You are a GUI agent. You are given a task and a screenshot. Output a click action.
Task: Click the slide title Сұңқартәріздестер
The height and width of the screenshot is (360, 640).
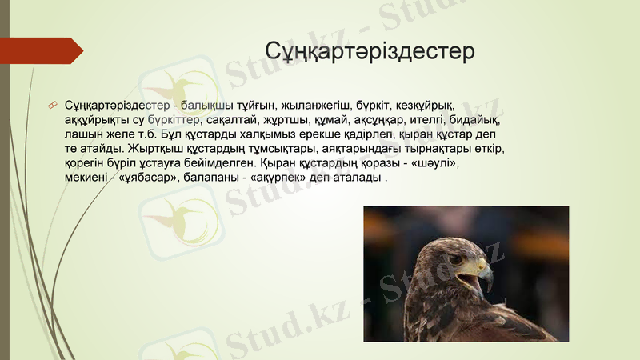click(370, 51)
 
